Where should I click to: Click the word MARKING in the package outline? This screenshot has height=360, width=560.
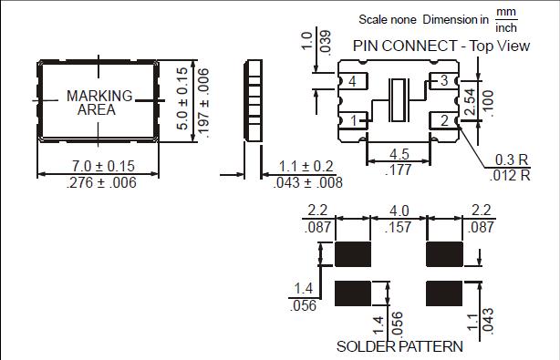99,96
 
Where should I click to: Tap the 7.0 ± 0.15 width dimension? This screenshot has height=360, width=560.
103,166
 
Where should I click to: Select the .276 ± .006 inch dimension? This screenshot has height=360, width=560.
101,182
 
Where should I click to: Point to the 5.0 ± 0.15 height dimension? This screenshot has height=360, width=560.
182,98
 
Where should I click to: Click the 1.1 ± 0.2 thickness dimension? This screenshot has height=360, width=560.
306,166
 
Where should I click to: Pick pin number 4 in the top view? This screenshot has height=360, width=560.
352,81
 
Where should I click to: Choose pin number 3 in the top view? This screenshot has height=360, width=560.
444,80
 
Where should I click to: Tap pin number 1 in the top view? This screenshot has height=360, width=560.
353,120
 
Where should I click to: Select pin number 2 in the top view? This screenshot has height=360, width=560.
444,120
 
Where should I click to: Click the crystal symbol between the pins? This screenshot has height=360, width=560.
399,100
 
